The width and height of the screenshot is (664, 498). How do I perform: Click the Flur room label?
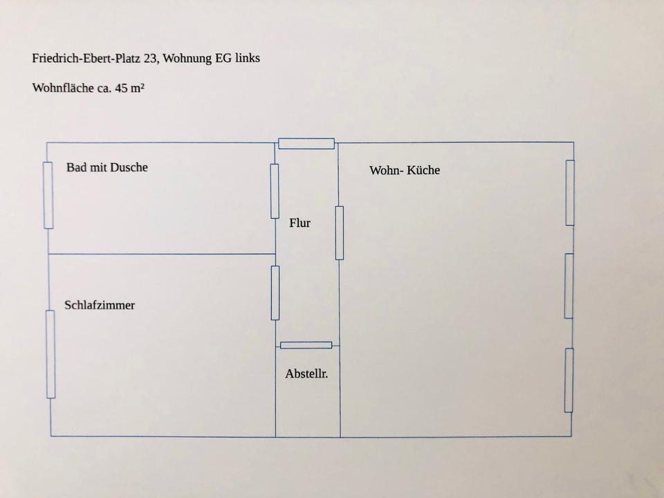[299, 223]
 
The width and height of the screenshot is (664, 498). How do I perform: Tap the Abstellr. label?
[306, 374]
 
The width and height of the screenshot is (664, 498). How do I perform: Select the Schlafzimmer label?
[100, 305]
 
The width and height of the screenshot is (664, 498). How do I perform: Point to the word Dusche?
[129, 167]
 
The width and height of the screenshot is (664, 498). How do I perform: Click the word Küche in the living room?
[424, 170]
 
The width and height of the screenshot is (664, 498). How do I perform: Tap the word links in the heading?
[247, 58]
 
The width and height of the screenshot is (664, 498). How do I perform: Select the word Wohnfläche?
[62, 88]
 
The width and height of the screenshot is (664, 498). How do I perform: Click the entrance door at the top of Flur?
[306, 144]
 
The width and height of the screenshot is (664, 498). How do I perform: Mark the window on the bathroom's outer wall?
[48, 195]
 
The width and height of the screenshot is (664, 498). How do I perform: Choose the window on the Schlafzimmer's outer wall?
[50, 354]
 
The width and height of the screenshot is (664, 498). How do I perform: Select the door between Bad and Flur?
[275, 191]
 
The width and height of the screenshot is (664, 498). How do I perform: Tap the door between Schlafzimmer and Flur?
[275, 293]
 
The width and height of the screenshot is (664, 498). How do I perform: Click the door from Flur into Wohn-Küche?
[340, 233]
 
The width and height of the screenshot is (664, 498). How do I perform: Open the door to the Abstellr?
[306, 345]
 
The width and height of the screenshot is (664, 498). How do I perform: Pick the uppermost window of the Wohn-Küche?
[570, 193]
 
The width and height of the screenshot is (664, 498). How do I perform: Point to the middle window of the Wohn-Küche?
[569, 286]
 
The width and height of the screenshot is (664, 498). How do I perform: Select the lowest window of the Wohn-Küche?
[569, 380]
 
